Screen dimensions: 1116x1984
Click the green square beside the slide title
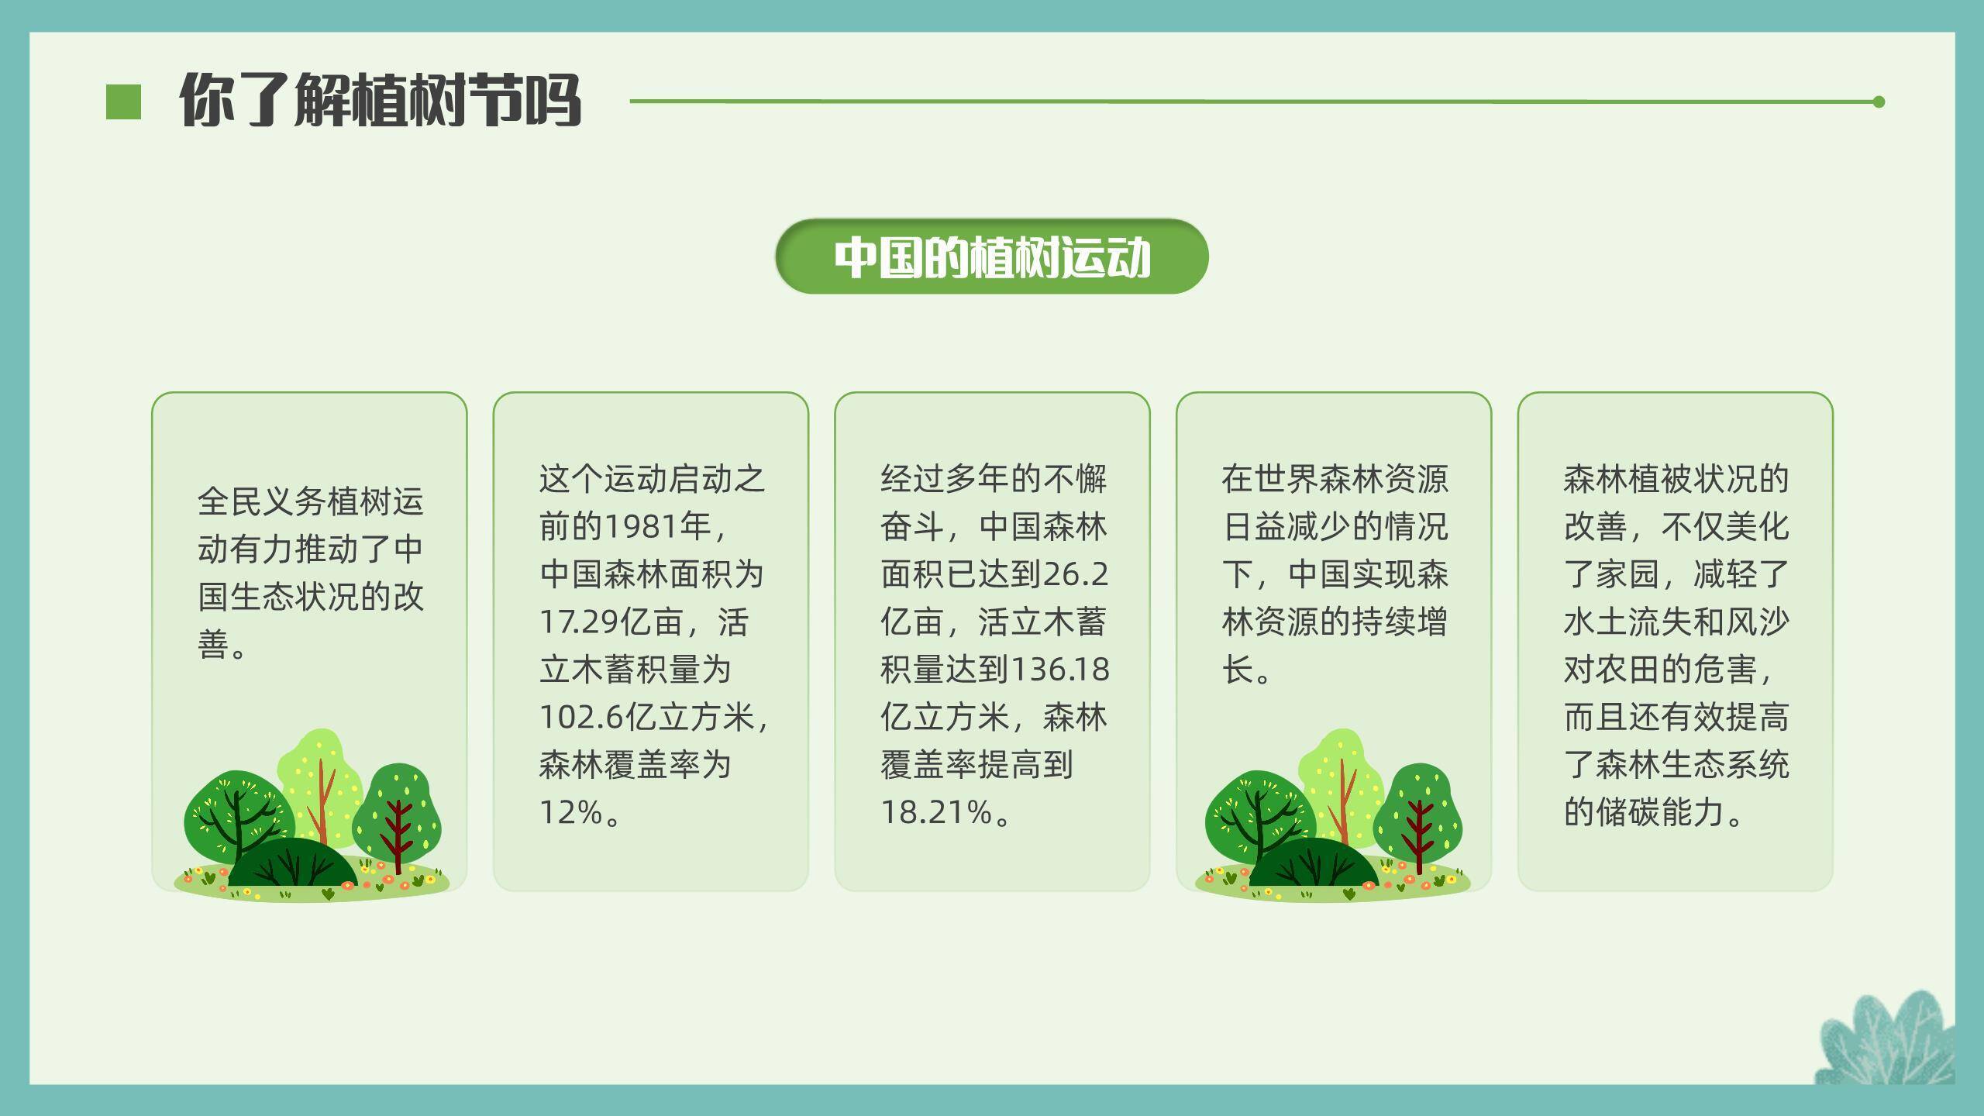click(123, 102)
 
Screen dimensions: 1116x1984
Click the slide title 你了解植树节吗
click(380, 100)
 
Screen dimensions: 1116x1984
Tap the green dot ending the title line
click(1878, 102)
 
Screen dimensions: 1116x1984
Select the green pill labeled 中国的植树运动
click(991, 257)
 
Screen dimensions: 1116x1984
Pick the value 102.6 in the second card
click(582, 718)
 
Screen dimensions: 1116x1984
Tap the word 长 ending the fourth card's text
click(1238, 670)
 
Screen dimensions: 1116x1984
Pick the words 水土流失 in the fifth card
click(1627, 622)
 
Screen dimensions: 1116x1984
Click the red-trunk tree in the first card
click(398, 814)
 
